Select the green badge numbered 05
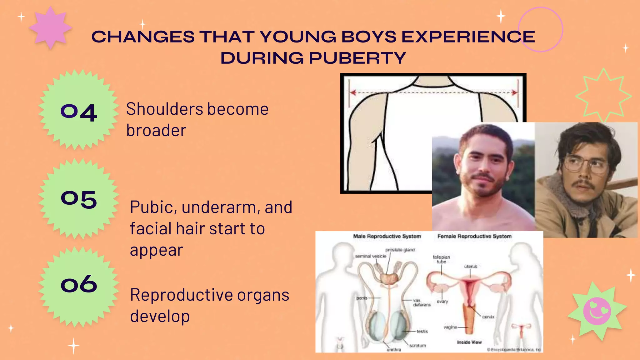tap(79, 199)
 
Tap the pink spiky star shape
tap(50, 27)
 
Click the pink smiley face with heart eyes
tap(597, 311)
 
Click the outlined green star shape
tap(603, 95)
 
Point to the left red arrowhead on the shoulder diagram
tap(353, 92)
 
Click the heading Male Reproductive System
tap(387, 236)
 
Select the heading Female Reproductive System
tap(474, 236)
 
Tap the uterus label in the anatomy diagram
tap(471, 267)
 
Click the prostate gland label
tap(400, 250)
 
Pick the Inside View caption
tap(469, 342)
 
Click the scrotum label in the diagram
tap(417, 346)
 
